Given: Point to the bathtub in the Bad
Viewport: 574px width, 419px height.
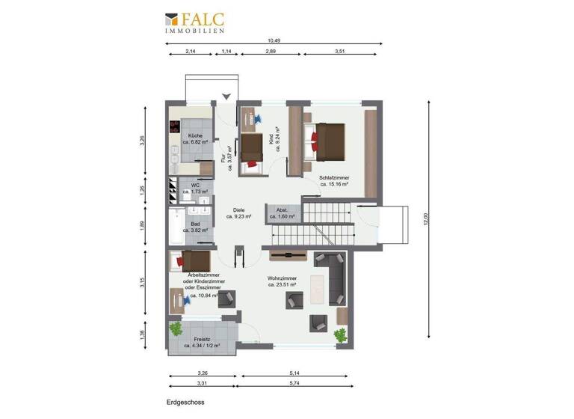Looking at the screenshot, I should point(174,226).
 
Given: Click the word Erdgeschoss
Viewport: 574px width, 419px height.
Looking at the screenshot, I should point(184,402).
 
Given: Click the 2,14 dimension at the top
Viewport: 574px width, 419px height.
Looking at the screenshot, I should point(190,51).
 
